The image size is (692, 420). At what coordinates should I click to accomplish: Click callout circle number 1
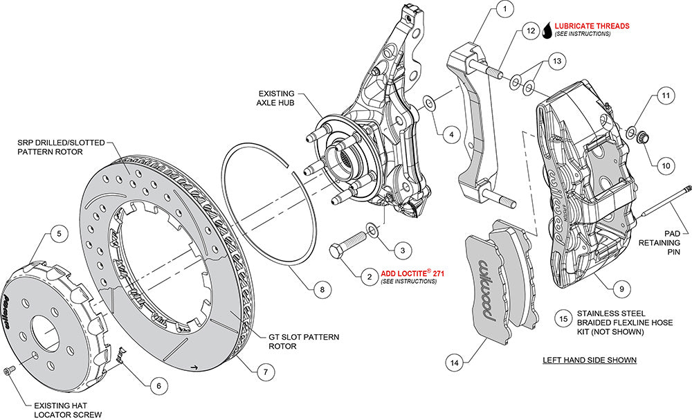pos(505,9)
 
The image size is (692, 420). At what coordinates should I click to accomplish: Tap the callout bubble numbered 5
pos(59,234)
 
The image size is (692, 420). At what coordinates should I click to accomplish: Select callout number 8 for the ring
pos(321,290)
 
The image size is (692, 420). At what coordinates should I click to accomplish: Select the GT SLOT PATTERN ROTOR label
pos(303,341)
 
